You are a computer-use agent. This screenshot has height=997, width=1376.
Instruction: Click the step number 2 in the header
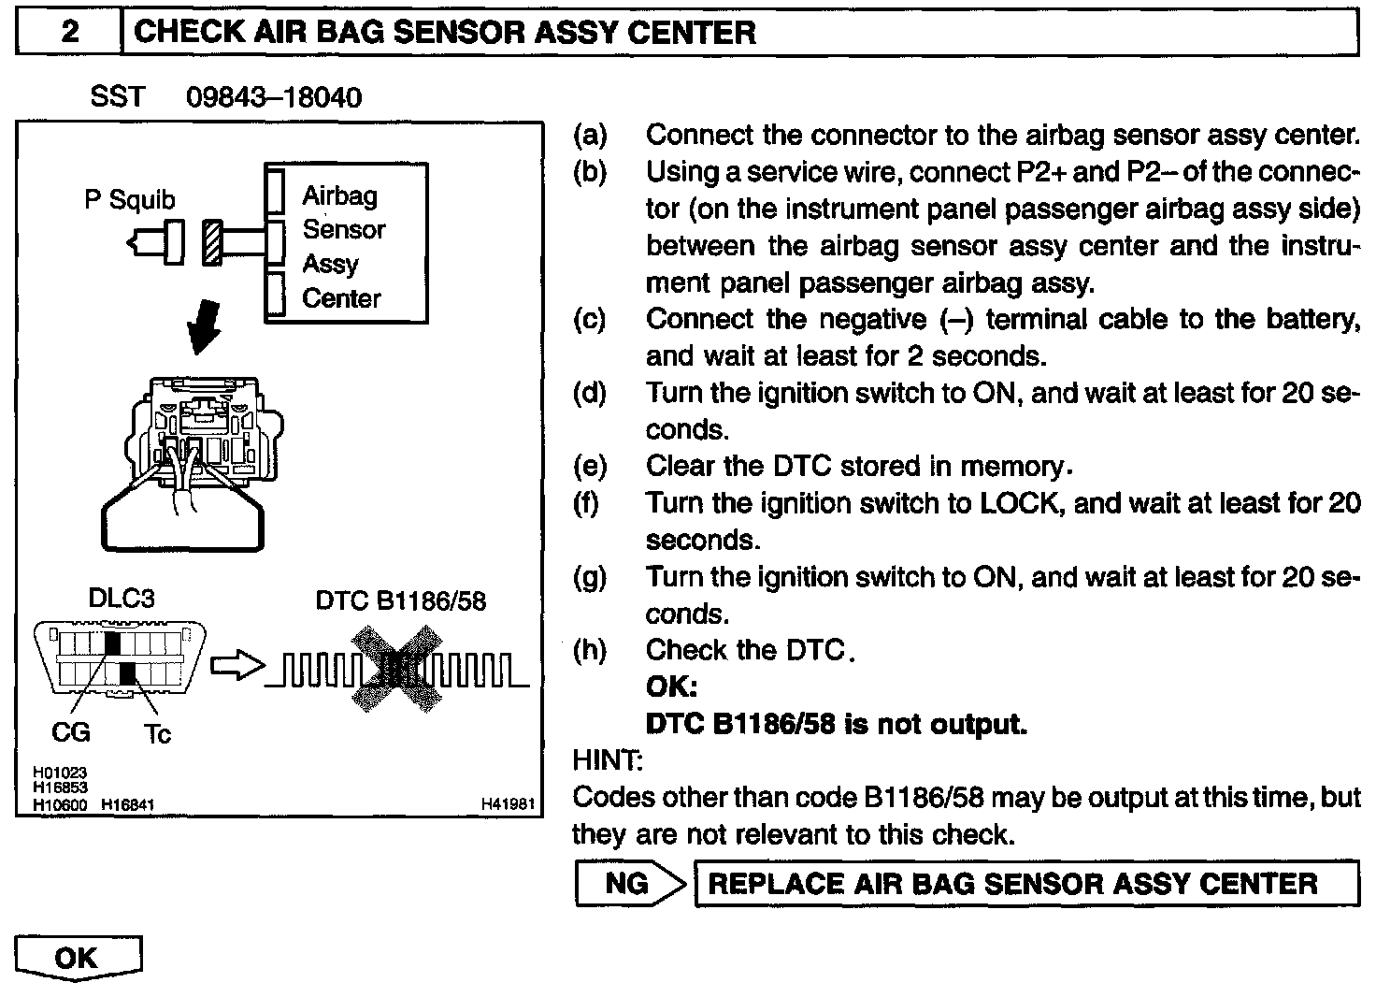[x=69, y=33]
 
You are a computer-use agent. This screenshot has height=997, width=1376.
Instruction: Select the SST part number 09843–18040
[x=274, y=97]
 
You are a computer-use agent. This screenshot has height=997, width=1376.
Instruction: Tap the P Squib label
[x=129, y=199]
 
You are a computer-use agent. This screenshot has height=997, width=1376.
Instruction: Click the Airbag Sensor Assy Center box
[x=347, y=244]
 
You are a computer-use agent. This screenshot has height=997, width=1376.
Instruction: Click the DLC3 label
[x=121, y=599]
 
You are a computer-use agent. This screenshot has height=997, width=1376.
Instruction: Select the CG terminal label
[x=70, y=731]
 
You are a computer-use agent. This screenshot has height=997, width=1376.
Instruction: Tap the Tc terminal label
[x=157, y=734]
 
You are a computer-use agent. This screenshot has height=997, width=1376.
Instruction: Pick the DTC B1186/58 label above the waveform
[x=401, y=600]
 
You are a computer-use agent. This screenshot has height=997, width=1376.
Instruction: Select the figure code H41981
[x=508, y=803]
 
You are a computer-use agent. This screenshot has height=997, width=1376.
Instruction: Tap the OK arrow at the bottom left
[x=78, y=959]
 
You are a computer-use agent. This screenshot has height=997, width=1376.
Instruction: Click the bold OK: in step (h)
[x=671, y=687]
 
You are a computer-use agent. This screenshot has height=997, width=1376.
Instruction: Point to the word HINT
[x=607, y=760]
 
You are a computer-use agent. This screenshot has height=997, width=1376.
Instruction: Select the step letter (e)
[x=589, y=466]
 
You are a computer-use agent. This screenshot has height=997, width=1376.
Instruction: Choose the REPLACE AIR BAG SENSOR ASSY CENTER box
[x=1026, y=884]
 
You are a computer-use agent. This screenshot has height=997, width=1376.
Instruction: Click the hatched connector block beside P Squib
[x=212, y=242]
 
